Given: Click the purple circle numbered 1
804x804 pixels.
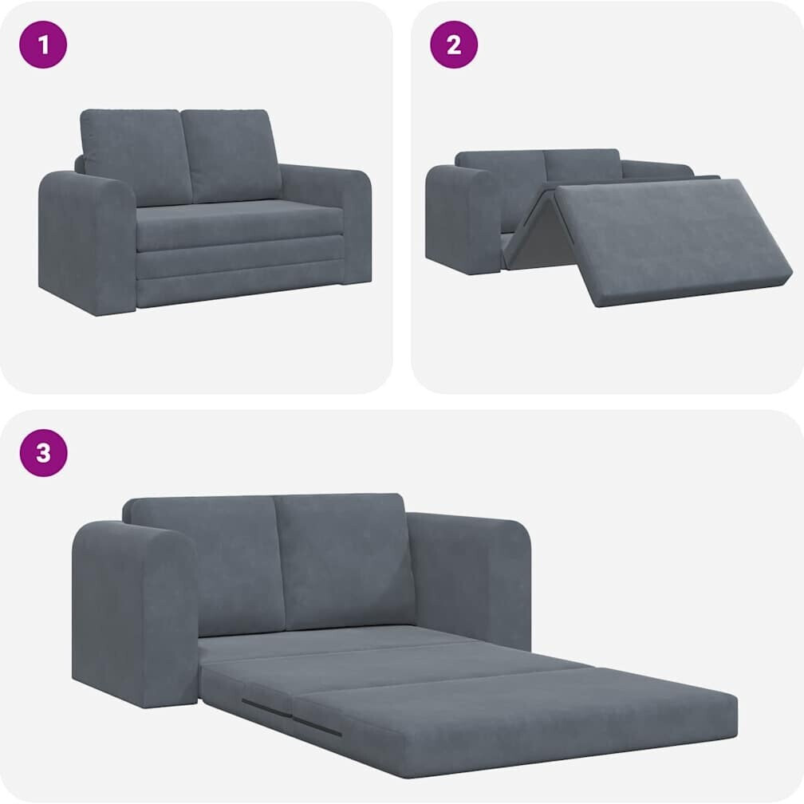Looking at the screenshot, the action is click(43, 45).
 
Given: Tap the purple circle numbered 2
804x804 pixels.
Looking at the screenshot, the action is click(454, 45).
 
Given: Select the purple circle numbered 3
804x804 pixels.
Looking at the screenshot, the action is click(44, 453).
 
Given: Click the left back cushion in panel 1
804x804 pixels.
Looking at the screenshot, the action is click(136, 156).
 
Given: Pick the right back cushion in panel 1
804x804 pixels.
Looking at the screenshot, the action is click(231, 155).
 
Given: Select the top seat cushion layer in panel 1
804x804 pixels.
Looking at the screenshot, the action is click(239, 226).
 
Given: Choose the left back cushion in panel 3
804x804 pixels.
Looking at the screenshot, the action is click(204, 563).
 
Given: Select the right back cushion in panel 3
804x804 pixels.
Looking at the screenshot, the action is click(344, 561).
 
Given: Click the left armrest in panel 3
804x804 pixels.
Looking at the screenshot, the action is click(134, 613).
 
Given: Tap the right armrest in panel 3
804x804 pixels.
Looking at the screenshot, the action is click(469, 579).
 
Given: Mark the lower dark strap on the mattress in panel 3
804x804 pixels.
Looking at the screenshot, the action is click(317, 727).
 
